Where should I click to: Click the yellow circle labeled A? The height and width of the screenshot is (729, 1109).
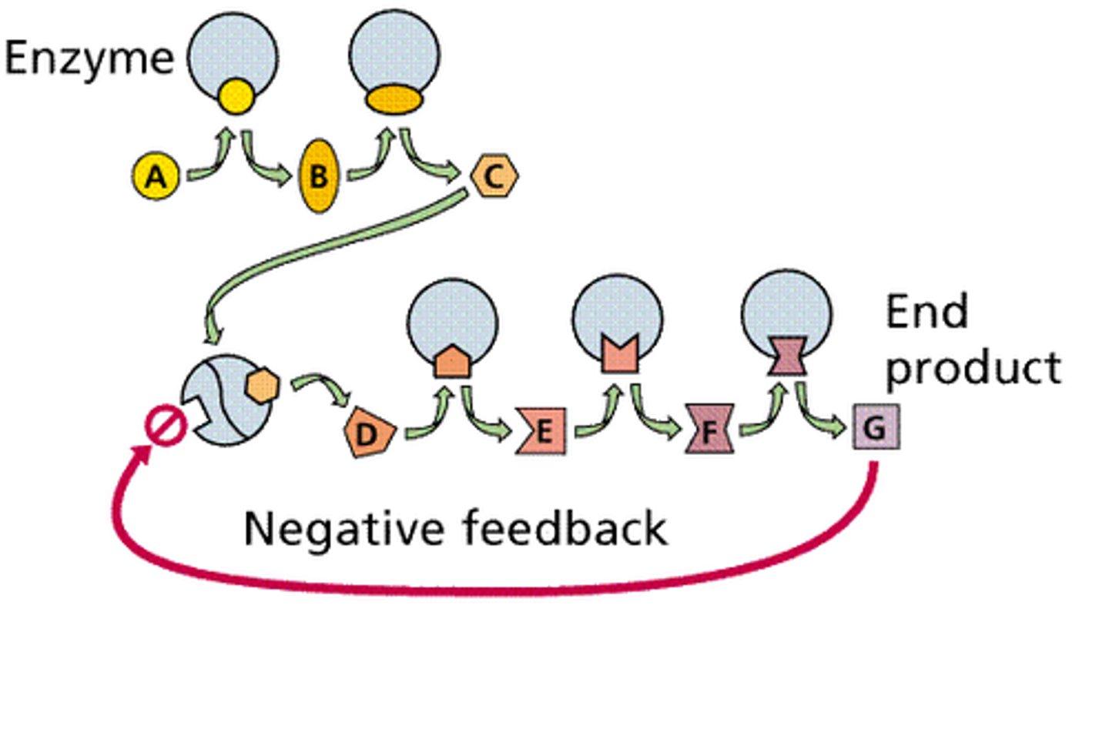tap(156, 176)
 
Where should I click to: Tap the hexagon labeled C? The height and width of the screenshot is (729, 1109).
tap(494, 176)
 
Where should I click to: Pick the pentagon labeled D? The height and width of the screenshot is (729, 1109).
tap(369, 433)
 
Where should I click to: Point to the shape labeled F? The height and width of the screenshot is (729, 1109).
tap(709, 429)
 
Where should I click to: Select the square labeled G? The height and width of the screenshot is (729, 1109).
tap(876, 428)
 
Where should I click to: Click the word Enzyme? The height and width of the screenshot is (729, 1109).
tap(89, 59)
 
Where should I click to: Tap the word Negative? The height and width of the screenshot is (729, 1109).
tap(343, 529)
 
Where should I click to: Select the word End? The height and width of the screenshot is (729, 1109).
tap(926, 312)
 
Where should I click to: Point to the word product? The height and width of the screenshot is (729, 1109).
tap(973, 368)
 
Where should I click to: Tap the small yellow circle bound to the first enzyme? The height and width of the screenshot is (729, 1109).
tap(235, 96)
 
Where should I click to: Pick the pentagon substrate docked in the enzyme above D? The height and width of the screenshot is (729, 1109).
tap(452, 360)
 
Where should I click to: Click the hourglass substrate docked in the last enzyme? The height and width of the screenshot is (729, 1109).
tap(786, 356)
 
